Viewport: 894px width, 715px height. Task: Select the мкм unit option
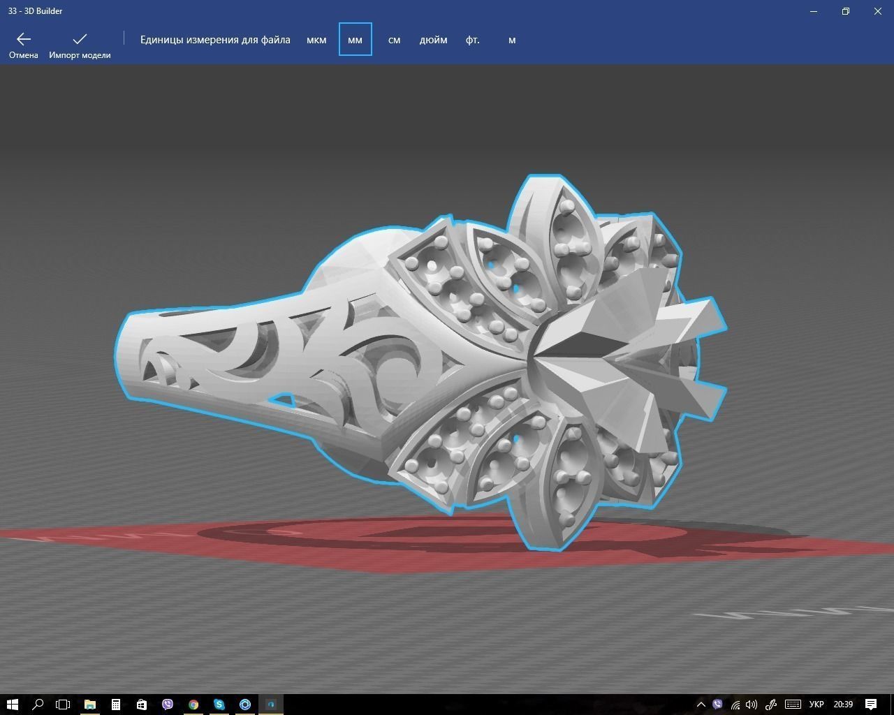click(x=316, y=40)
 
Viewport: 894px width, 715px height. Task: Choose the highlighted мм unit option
click(x=355, y=40)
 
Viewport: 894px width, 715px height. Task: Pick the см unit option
click(x=394, y=40)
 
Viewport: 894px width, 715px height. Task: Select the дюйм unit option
click(x=433, y=40)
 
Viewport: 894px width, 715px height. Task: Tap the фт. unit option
click(x=473, y=40)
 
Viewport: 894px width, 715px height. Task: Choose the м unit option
click(x=512, y=40)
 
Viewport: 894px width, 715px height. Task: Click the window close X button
click(x=878, y=11)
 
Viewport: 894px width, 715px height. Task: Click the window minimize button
click(x=814, y=11)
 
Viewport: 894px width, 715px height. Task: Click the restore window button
click(x=846, y=11)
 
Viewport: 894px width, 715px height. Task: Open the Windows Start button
click(x=12, y=704)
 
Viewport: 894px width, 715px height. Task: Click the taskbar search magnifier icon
click(x=38, y=704)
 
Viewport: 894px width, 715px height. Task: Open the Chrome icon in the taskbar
click(x=193, y=704)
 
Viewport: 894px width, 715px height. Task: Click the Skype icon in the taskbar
click(x=219, y=704)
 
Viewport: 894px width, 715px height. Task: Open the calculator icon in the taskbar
click(x=116, y=704)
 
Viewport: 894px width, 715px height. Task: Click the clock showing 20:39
click(x=843, y=704)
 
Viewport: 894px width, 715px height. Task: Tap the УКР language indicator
click(x=816, y=704)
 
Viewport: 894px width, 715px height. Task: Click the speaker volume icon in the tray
click(x=752, y=704)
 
